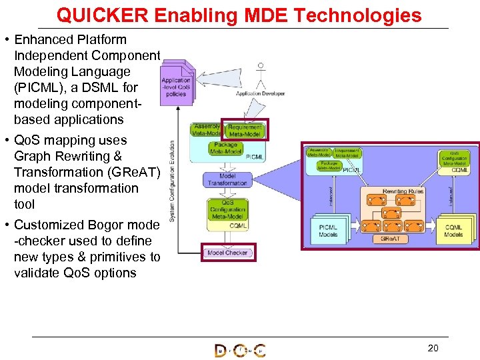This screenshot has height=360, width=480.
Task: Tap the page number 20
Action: [433, 347]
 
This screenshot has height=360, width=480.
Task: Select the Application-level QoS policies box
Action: [176, 86]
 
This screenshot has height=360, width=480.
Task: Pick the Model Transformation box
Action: [227, 179]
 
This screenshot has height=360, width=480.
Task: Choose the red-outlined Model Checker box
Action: [227, 253]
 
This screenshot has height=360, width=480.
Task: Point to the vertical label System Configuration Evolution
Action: [173, 180]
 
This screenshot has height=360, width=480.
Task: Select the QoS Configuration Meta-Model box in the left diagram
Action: [226, 209]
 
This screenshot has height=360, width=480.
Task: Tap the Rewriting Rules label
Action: [403, 191]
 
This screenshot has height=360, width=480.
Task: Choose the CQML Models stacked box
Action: [454, 230]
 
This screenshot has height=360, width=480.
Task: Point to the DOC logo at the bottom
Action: [240, 350]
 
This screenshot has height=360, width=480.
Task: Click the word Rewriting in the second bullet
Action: [85, 156]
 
